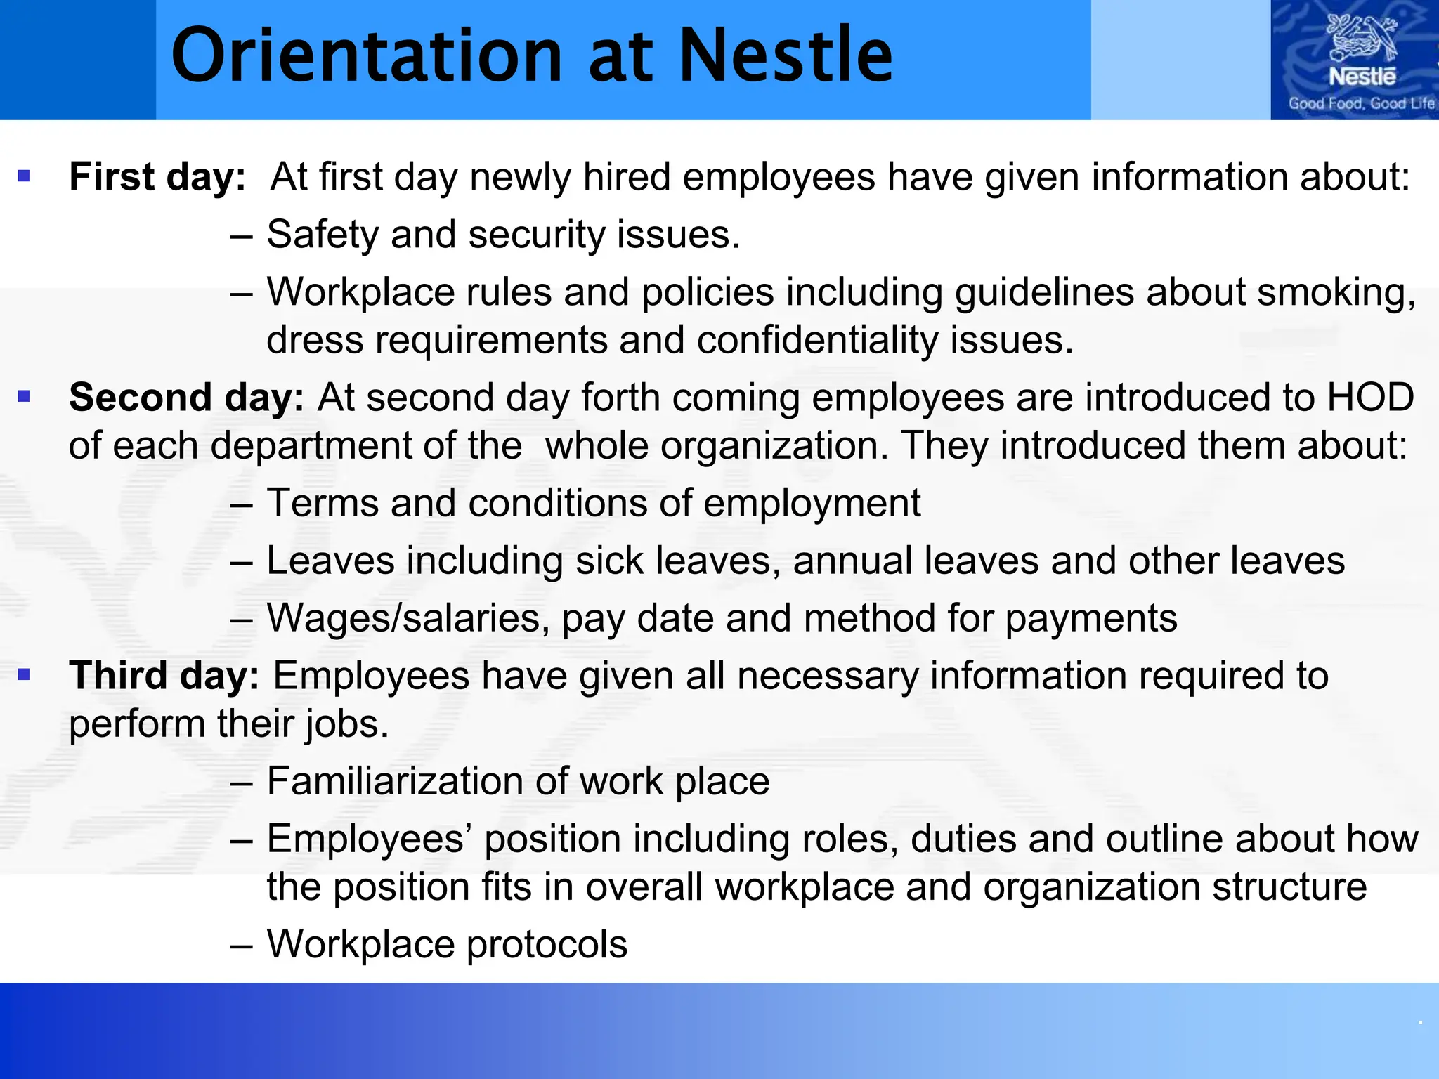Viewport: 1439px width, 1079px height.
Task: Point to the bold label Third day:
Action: (x=164, y=676)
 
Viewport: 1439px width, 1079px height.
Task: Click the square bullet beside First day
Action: (x=25, y=176)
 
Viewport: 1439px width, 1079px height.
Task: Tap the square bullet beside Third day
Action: (x=25, y=675)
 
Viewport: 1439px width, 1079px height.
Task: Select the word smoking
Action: (x=1336, y=292)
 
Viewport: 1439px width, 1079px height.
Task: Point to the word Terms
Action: (x=323, y=503)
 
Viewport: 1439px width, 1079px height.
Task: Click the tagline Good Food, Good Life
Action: (x=1361, y=103)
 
